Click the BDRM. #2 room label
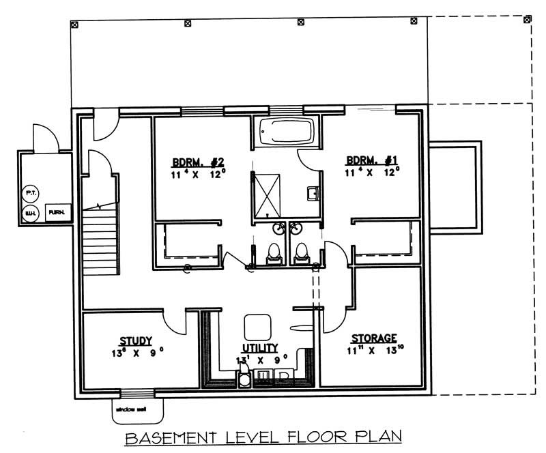(x=197, y=162)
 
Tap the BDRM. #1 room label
(x=372, y=160)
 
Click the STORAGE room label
(x=373, y=338)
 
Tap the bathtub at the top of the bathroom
(x=287, y=132)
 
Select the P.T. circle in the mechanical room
(x=31, y=193)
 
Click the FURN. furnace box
(x=57, y=213)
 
